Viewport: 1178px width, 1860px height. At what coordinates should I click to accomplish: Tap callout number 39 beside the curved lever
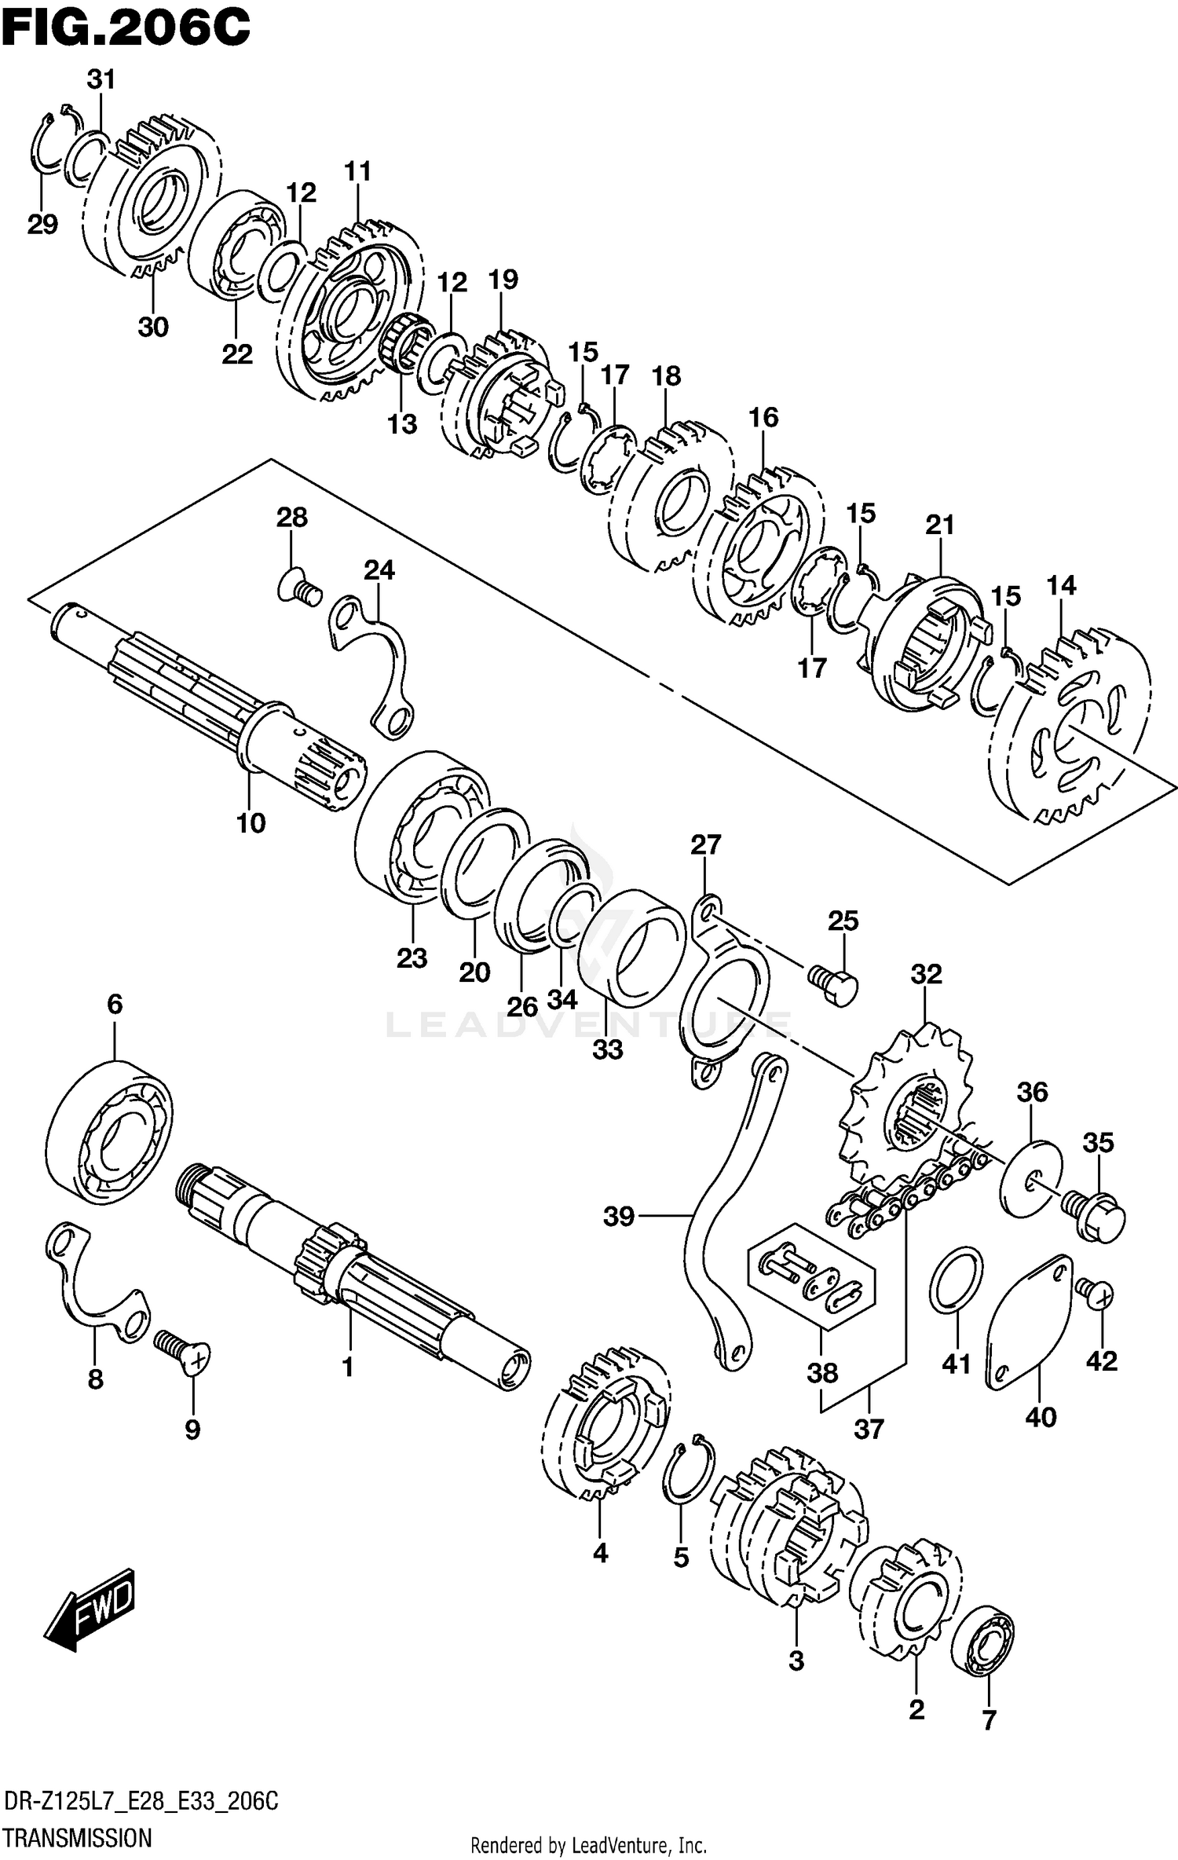coord(619,1217)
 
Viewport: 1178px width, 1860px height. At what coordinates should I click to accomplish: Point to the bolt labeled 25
coord(833,985)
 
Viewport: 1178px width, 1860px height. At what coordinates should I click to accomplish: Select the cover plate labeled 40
coord(1028,1324)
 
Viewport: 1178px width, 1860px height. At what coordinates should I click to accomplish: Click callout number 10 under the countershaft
coord(251,822)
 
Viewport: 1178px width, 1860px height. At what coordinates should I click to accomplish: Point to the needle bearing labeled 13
coord(404,343)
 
